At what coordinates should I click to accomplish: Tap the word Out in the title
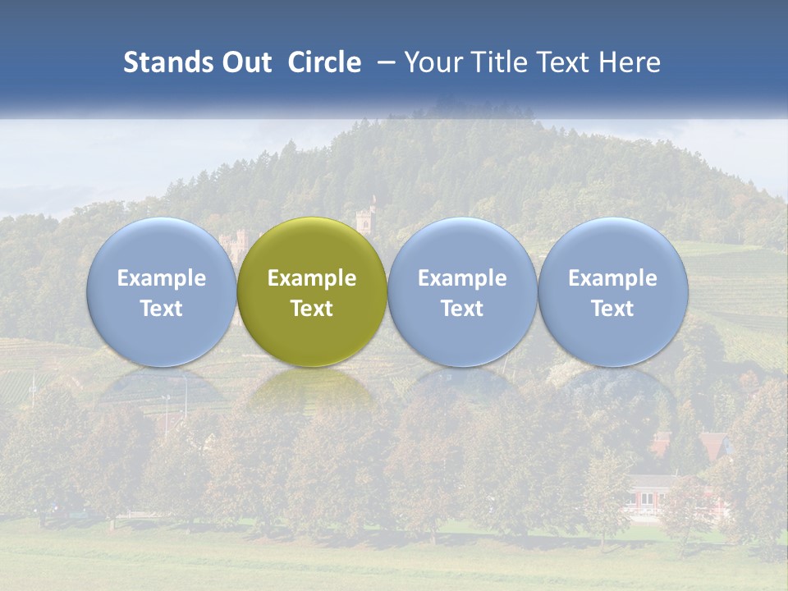pyautogui.click(x=245, y=62)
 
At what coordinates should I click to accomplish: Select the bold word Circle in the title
pyautogui.click(x=324, y=62)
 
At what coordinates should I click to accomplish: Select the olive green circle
pyautogui.click(x=312, y=291)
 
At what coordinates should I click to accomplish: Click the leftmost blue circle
pyautogui.click(x=161, y=291)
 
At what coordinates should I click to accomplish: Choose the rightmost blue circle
pyautogui.click(x=612, y=291)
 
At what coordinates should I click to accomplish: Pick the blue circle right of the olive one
pyautogui.click(x=462, y=291)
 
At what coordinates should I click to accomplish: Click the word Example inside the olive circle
pyautogui.click(x=312, y=278)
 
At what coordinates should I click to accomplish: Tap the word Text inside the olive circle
pyautogui.click(x=312, y=309)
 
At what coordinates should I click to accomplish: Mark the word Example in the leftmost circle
pyautogui.click(x=161, y=278)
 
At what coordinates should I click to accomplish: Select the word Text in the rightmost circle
pyautogui.click(x=612, y=309)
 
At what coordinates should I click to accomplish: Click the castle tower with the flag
pyautogui.click(x=365, y=218)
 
